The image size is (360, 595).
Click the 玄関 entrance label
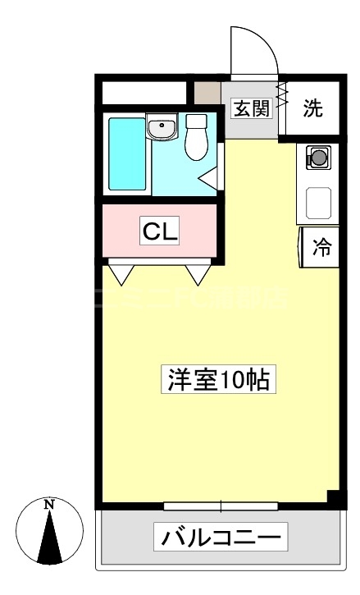[251, 108]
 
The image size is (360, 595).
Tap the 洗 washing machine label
[314, 108]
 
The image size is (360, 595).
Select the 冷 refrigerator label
[323, 247]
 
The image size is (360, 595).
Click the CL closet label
[161, 231]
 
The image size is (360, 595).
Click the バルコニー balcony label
[222, 538]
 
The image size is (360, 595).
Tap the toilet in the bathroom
[197, 138]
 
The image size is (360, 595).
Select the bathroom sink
[162, 129]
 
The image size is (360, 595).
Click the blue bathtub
[128, 154]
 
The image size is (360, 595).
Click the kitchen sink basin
[319, 203]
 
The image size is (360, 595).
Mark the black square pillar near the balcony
[333, 497]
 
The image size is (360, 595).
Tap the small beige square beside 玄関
[208, 93]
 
